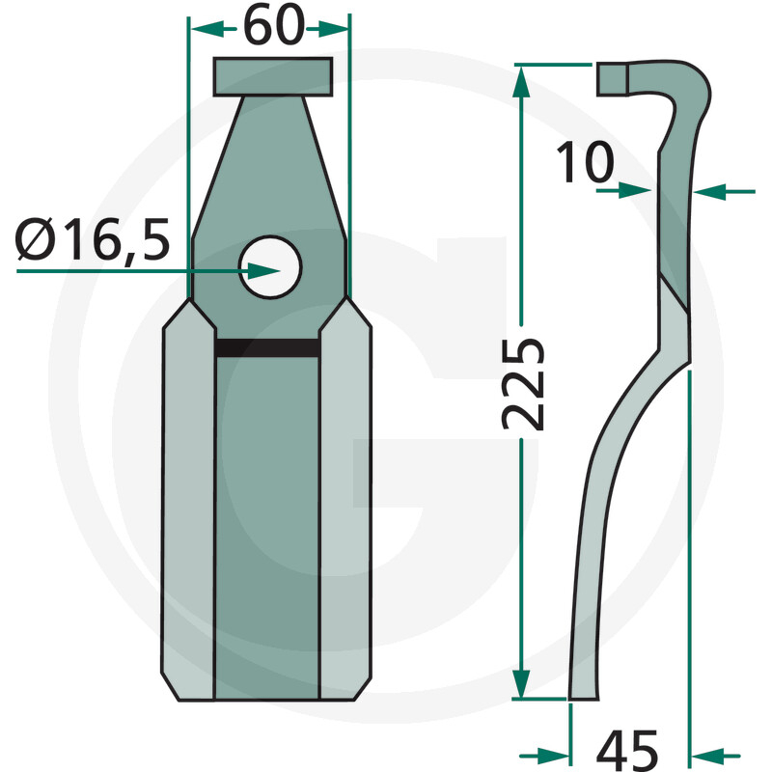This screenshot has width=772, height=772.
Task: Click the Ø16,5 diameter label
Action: tap(94, 238)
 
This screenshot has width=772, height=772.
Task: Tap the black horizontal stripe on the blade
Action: tap(267, 348)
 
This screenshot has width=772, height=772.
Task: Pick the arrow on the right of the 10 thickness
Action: tap(706, 192)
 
